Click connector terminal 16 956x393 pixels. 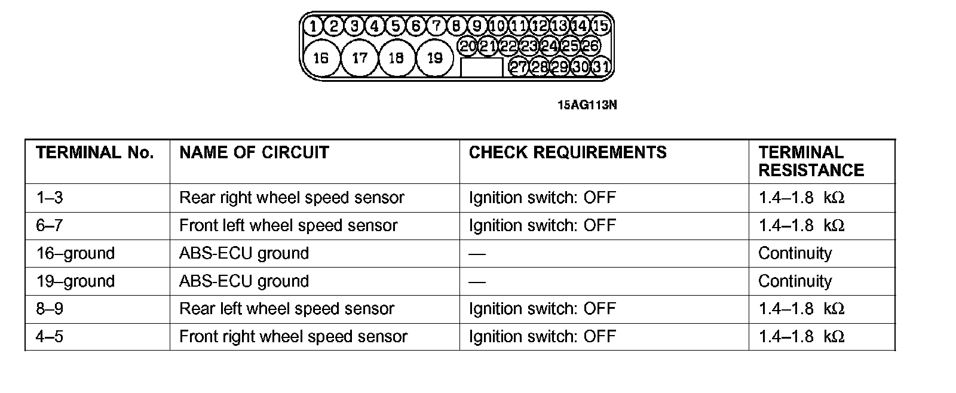point(321,58)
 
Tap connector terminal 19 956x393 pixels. point(435,58)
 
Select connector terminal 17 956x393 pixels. point(360,58)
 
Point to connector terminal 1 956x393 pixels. point(312,26)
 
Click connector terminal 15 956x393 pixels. point(600,26)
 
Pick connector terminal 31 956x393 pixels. point(601,66)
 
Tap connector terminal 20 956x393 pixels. point(468,46)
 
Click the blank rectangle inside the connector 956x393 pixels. point(482,67)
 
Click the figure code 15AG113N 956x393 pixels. point(587,106)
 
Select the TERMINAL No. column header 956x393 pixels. point(95,153)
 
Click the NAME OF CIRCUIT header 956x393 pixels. point(254,153)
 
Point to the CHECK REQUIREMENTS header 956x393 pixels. point(568,153)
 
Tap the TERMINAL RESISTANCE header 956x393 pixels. point(811,161)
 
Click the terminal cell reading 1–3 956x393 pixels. point(50,198)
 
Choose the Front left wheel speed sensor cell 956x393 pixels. point(288,226)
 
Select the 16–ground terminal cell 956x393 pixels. point(75,253)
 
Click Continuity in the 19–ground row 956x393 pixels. point(795,281)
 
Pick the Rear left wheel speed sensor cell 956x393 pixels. point(287,309)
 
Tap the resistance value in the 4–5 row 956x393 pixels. point(801,337)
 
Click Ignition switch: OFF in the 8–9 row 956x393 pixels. point(542,309)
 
